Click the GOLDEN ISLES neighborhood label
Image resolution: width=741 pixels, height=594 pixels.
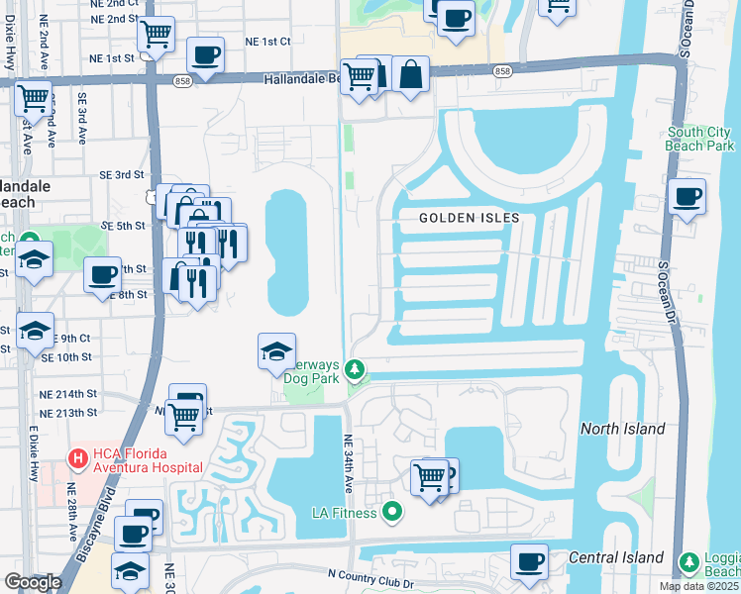point(469,218)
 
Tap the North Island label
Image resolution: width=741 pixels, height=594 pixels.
point(623,429)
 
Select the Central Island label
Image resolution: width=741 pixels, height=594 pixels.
point(615,558)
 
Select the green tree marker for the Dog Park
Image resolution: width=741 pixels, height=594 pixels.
point(355,370)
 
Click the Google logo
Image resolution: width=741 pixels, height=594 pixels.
point(34,581)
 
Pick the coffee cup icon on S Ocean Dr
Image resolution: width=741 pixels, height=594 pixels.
point(687,194)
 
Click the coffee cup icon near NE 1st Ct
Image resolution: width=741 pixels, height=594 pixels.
point(205,54)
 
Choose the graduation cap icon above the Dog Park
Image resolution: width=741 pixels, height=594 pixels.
point(276,349)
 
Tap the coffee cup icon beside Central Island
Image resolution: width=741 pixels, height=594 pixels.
point(529,561)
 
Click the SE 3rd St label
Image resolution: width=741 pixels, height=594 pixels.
point(122,175)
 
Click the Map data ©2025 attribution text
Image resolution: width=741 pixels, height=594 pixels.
point(698,586)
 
